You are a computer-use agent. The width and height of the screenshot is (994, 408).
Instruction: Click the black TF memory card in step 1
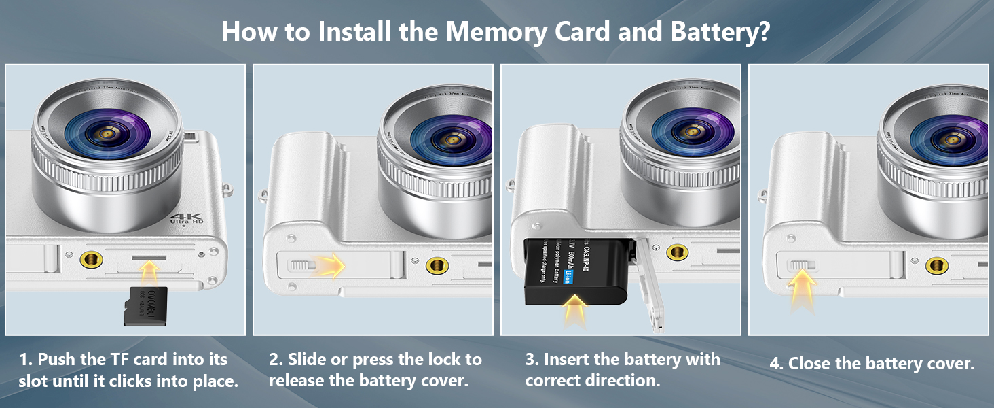pyautogui.click(x=145, y=306)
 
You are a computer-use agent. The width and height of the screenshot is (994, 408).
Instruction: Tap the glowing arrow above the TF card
pyautogui.click(x=149, y=271)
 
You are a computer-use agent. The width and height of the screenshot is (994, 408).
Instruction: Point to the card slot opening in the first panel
pyautogui.click(x=149, y=259)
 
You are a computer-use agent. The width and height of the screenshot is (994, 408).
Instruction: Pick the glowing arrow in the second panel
pyautogui.click(x=330, y=265)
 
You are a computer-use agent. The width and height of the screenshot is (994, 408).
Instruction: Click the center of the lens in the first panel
pyautogui.click(x=107, y=135)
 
